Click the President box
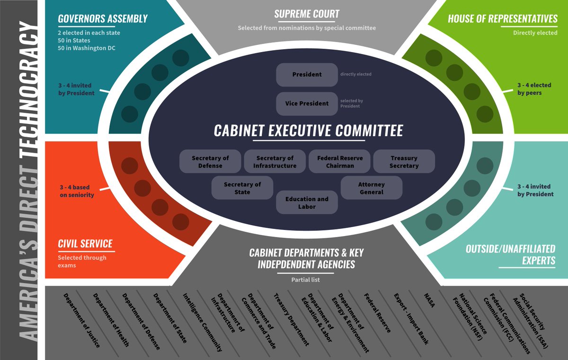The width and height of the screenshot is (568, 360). (307, 75)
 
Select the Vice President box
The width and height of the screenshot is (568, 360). (307, 104)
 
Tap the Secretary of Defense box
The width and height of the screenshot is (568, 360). (210, 161)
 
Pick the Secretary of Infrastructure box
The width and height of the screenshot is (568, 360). (275, 161)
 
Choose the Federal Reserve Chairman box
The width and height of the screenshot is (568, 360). (340, 161)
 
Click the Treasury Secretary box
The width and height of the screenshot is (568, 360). (404, 161)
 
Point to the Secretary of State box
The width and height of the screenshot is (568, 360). (242, 188)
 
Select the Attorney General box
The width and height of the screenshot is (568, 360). (371, 188)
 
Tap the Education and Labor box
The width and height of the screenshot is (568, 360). (307, 202)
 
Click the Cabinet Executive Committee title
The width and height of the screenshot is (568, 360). (309, 131)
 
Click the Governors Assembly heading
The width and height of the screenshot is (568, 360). (103, 19)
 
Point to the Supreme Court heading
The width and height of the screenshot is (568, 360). (307, 14)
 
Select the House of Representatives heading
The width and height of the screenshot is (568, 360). (503, 19)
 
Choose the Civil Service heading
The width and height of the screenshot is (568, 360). (85, 244)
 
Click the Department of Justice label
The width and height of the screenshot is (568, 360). (82, 320)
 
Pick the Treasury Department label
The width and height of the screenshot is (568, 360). (291, 319)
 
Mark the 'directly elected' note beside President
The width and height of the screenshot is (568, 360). (355, 74)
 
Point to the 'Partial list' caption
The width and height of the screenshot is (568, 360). (305, 280)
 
